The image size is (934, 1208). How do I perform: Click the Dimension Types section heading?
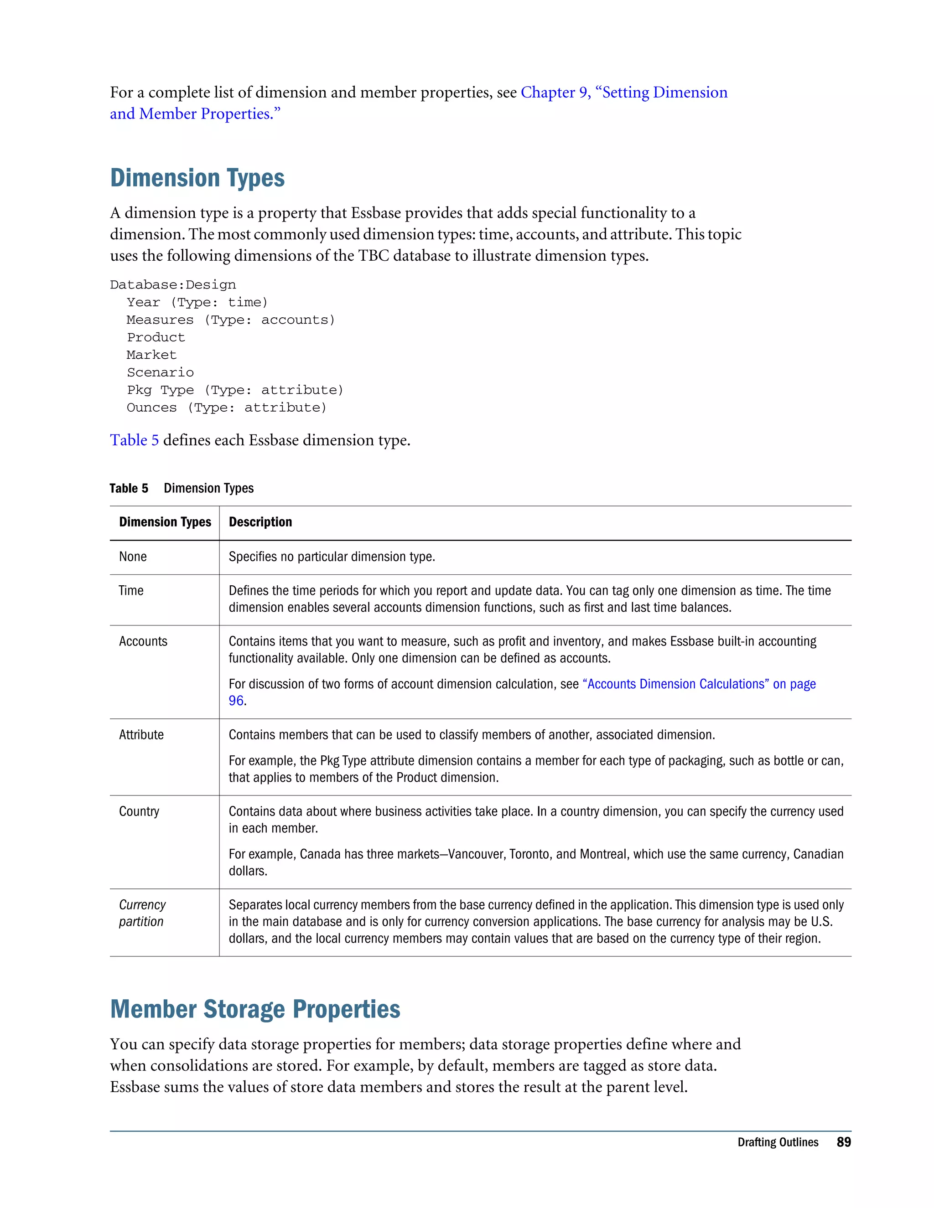[197, 178]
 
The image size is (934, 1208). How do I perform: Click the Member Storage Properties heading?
[255, 1009]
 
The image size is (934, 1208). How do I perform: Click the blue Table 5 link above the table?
[134, 440]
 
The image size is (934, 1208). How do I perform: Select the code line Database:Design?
[173, 285]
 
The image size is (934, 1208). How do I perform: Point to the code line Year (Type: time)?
[197, 303]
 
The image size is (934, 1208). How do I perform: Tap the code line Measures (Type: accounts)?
[230, 320]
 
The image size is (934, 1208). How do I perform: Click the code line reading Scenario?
[161, 373]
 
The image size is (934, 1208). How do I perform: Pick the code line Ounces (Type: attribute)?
[226, 408]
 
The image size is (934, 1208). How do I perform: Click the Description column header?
[260, 522]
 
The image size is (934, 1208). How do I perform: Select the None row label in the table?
[133, 557]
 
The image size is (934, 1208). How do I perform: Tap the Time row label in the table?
[131, 591]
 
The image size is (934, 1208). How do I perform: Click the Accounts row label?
[143, 642]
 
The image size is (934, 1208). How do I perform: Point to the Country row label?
[139, 811]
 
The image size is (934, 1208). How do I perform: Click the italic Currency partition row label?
[142, 913]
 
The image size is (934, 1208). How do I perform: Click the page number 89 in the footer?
[843, 1142]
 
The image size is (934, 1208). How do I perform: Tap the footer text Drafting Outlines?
[778, 1142]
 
